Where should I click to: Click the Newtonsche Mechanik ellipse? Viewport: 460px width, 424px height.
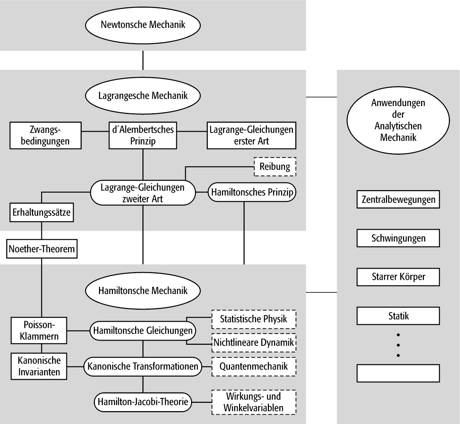[x=143, y=25]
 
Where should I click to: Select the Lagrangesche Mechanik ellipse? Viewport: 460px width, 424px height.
[x=143, y=96]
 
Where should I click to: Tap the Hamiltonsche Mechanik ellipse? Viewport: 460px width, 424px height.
[x=143, y=291]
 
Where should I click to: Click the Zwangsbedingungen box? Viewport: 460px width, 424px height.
[x=45, y=136]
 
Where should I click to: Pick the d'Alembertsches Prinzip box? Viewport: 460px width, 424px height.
[x=143, y=136]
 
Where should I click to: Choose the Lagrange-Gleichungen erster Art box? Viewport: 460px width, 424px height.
[x=251, y=136]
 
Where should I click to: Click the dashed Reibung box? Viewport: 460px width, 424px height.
[x=275, y=166]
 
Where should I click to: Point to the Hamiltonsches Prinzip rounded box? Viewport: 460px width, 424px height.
[x=252, y=192]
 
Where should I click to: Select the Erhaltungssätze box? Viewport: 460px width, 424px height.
[x=41, y=213]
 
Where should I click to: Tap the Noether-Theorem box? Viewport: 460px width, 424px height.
[x=42, y=249]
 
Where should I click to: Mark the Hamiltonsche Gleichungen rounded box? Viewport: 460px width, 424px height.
[x=143, y=331]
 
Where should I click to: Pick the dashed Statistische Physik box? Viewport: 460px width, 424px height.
[x=254, y=319]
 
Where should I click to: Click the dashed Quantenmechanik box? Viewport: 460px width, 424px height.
[x=254, y=366]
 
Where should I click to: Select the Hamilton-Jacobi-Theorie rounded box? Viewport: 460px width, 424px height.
[x=143, y=402]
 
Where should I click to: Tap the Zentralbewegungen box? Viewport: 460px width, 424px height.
[x=398, y=199]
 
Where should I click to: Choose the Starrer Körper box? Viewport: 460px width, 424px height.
[x=398, y=277]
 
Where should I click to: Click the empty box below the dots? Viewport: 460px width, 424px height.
[x=398, y=373]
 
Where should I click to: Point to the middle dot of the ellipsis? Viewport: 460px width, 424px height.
[x=398, y=345]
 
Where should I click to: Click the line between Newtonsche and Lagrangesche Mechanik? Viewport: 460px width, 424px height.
[x=143, y=60]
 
